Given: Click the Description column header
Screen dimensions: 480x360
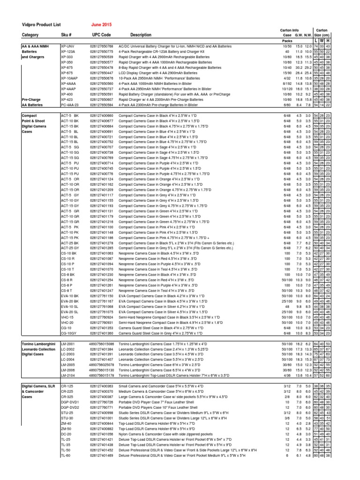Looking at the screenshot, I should click(141, 35).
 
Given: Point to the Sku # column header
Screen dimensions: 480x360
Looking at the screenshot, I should click(68, 35).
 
